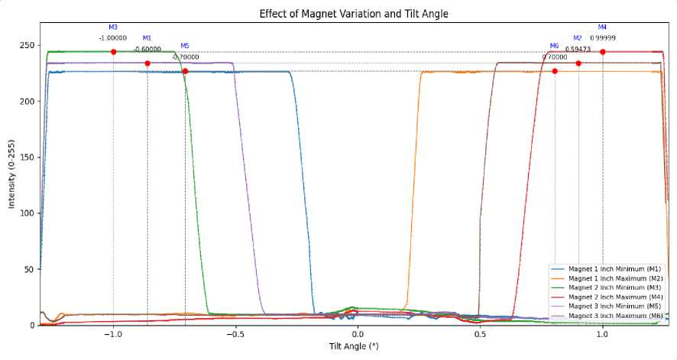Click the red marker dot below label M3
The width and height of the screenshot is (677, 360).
pos(113,52)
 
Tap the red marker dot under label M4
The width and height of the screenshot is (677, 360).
pos(603,52)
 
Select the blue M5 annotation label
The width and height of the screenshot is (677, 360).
pos(185,46)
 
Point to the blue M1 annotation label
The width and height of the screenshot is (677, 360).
pos(147,37)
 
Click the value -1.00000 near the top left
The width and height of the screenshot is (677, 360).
pos(113,37)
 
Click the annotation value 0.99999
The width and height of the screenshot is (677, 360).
pos(603,37)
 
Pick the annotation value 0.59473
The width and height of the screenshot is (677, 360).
pos(578,49)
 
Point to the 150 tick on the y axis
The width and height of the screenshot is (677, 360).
pos(28,157)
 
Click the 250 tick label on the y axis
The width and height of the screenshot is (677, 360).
pos(28,45)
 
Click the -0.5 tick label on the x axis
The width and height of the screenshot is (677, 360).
pos(234,335)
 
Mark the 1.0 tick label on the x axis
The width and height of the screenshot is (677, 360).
pos(603,335)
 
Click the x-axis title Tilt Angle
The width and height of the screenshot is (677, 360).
pos(354,346)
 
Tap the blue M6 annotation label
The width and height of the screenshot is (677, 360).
pos(555,46)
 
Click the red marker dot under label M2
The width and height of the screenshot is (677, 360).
pos(578,63)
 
